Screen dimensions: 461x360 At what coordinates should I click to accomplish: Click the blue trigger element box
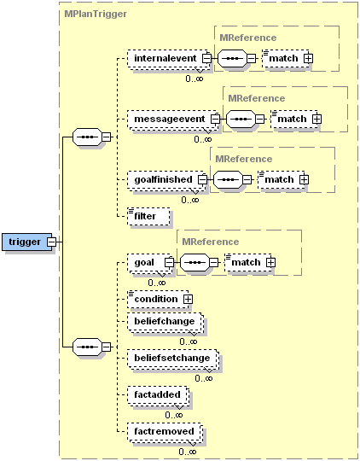(25, 242)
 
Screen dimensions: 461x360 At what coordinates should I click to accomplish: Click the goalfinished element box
(161, 179)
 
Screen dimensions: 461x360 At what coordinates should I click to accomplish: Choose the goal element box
(144, 262)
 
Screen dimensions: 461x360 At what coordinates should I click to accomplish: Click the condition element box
(154, 299)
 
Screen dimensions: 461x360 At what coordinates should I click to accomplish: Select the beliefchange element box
(162, 322)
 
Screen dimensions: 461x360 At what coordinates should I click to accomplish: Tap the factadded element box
(155, 395)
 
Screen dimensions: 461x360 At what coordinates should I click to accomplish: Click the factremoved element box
(162, 432)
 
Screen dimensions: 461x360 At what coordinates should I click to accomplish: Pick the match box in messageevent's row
(290, 119)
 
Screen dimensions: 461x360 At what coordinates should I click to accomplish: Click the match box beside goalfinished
(277, 179)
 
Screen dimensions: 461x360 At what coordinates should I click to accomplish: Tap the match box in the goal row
(245, 262)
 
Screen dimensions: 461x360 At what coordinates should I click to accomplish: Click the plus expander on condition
(187, 299)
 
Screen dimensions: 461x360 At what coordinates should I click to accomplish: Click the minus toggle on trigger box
(51, 242)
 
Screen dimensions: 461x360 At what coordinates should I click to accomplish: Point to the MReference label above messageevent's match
(256, 98)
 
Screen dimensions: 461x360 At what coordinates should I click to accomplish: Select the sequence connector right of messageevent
(241, 119)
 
